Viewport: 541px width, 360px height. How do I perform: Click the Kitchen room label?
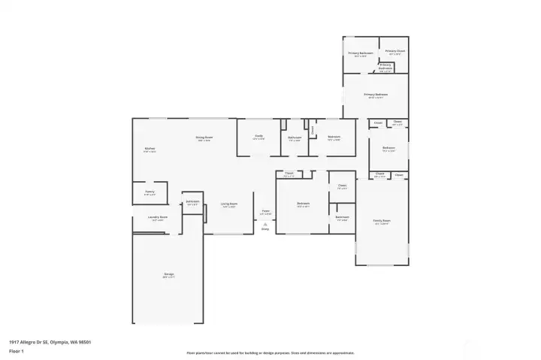point(150,149)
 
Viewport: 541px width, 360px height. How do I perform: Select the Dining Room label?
point(204,138)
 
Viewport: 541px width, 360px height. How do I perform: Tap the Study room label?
point(258,136)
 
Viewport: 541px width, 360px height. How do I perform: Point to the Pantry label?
point(150,192)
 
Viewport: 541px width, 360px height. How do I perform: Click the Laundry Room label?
point(157,217)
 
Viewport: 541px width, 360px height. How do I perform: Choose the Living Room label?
point(228,204)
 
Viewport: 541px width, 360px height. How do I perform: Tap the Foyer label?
point(265,211)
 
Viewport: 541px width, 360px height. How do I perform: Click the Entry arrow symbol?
point(265,225)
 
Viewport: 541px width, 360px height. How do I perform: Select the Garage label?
point(169,274)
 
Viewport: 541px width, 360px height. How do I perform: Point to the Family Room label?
point(382,221)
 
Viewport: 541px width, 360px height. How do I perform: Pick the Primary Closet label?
point(395,51)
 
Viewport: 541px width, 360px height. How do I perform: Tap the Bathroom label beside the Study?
point(295,137)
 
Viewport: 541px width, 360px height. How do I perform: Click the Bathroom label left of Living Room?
point(192,201)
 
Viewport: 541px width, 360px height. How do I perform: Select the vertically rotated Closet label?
point(312,129)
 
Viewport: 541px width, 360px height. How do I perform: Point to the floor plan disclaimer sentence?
point(270,352)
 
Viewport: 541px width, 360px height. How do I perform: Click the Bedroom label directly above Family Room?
point(388,148)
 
